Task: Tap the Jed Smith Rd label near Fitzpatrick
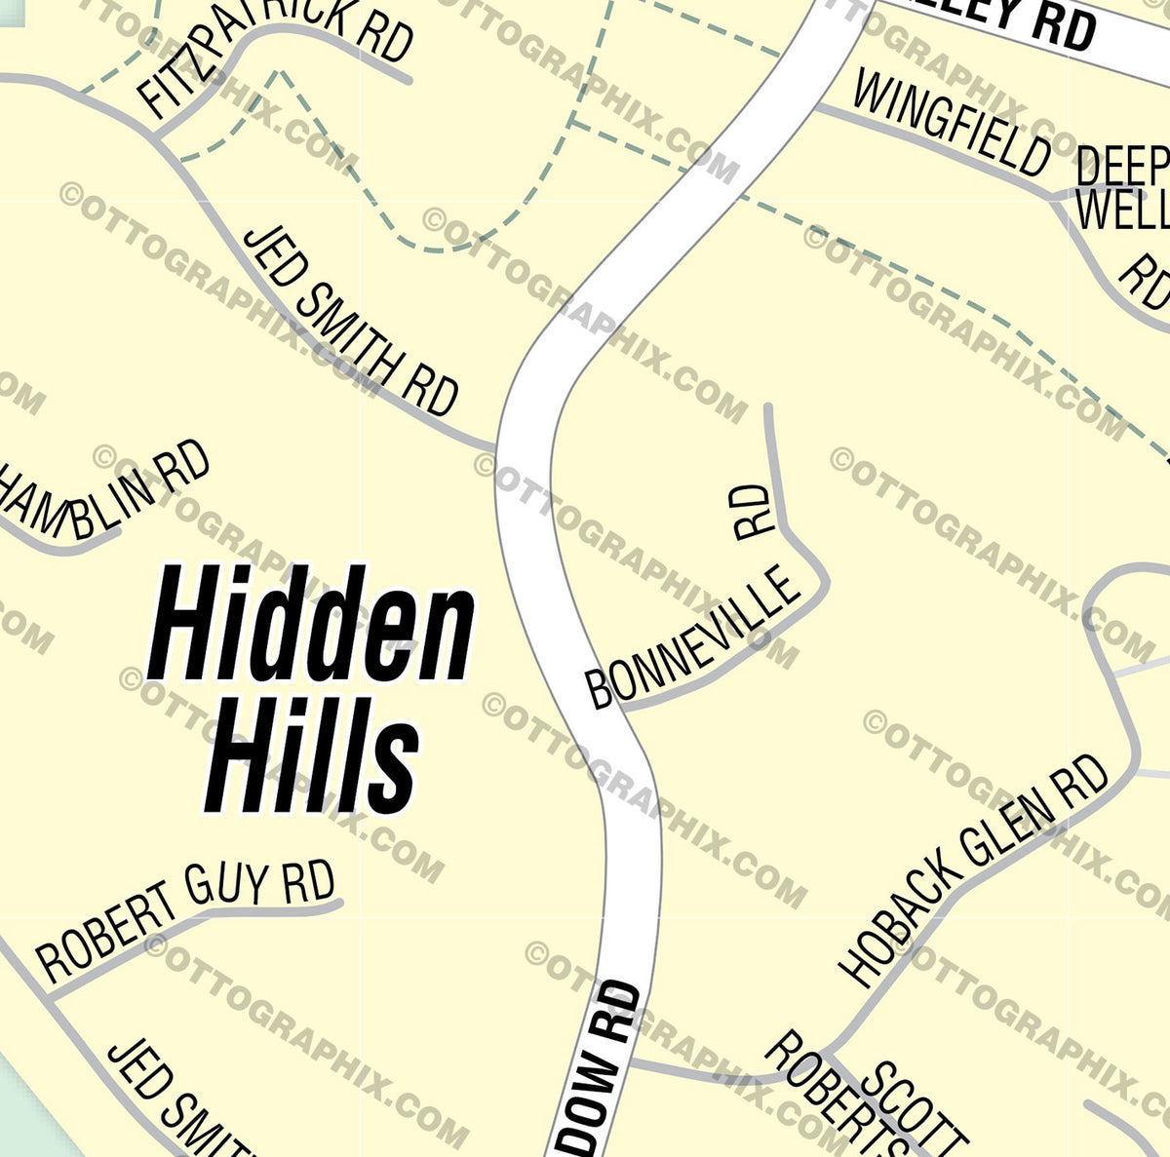tap(351, 322)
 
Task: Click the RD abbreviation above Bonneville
tap(752, 512)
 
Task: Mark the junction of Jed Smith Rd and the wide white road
tap(497, 449)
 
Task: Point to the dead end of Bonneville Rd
tap(768, 406)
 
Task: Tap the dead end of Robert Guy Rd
tap(340, 903)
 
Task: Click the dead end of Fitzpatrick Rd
tap(409, 80)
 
